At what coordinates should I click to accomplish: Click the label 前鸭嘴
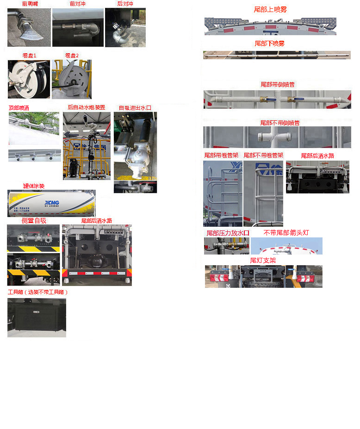[30, 4]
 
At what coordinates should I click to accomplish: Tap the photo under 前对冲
[77, 28]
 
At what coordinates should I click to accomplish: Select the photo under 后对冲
[125, 28]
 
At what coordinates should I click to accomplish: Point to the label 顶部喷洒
[19, 108]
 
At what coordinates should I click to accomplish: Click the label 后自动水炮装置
[87, 107]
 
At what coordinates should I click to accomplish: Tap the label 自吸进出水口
[135, 108]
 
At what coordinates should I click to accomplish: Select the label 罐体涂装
[34, 186]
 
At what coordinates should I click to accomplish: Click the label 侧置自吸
[34, 221]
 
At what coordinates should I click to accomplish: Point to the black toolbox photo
[37, 317]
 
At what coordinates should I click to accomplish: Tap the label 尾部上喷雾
[270, 9]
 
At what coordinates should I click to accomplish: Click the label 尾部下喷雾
[269, 44]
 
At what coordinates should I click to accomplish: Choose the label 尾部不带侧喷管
[279, 123]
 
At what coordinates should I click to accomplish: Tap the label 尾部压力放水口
[228, 233]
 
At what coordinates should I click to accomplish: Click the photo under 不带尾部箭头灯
[286, 246]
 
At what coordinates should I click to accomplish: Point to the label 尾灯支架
[263, 261]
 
